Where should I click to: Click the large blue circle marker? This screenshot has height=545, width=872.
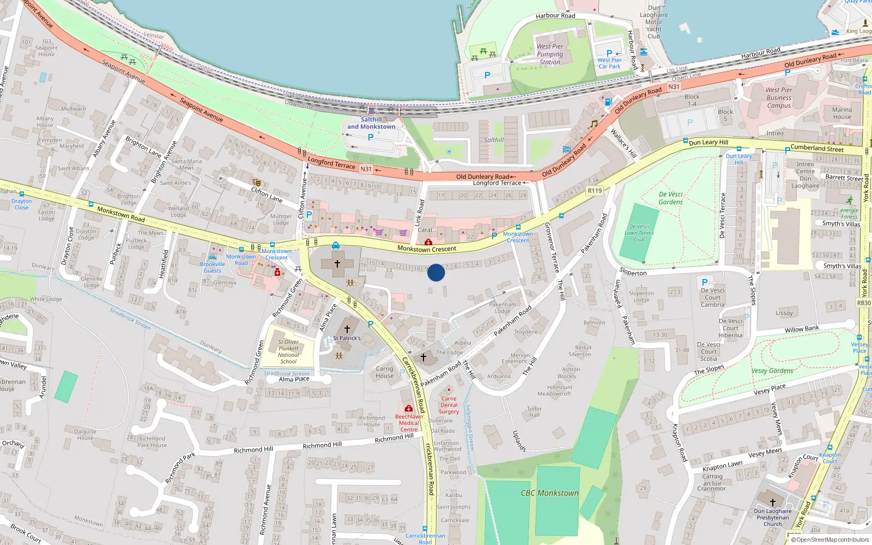point(436,272)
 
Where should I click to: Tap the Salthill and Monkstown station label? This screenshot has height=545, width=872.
point(371,123)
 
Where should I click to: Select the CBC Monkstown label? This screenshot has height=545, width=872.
point(549,493)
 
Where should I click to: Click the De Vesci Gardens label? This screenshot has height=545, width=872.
point(670,198)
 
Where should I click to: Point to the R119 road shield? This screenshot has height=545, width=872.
point(595,191)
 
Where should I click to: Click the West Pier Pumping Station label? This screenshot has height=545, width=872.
point(550,54)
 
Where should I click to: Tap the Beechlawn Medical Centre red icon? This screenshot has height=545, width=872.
point(409,409)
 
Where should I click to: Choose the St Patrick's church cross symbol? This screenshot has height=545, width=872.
point(347,329)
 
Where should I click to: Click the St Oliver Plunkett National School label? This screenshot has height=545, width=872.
point(288,352)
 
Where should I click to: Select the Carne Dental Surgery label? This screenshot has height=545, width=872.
point(449,405)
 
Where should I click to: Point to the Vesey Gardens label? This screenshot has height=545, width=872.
point(772,371)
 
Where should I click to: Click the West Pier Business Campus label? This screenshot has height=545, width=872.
point(779,98)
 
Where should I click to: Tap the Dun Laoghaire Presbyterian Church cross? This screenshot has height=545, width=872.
point(772,501)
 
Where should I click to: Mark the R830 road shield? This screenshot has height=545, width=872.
point(864,303)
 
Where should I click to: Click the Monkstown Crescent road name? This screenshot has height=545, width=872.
point(427,249)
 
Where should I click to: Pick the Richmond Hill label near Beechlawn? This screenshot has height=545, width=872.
point(394,438)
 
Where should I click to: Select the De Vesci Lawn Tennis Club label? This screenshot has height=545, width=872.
point(639,233)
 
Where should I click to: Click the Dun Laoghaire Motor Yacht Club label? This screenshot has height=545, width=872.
point(654,22)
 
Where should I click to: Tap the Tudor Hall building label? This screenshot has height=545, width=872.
point(534,411)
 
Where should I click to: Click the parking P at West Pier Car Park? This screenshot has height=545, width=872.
point(609,54)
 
